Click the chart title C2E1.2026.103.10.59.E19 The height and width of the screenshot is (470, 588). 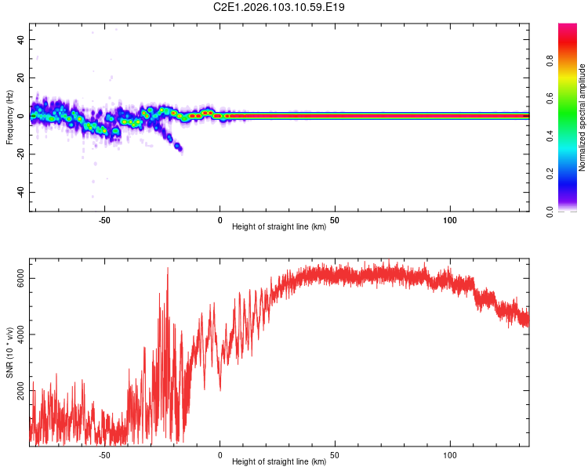(279, 7)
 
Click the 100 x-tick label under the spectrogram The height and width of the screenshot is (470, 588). (450, 220)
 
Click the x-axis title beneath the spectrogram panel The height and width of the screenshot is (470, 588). (279, 227)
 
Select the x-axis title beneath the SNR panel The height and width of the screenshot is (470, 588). (279, 462)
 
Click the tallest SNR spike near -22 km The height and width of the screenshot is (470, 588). (168, 269)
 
